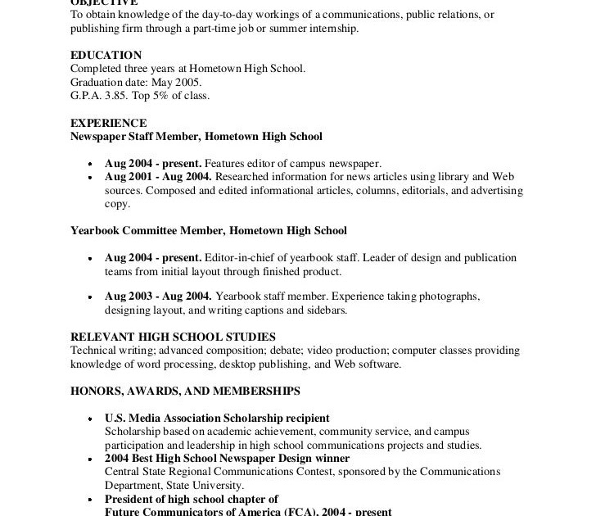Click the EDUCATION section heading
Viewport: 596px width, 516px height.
pyautogui.click(x=106, y=56)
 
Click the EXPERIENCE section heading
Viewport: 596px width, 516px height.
pyautogui.click(x=108, y=124)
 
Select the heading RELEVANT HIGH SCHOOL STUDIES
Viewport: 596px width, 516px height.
pyautogui.click(x=173, y=337)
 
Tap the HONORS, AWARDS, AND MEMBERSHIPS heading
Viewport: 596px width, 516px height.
pyautogui.click(x=185, y=392)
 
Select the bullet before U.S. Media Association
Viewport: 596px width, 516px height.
pyautogui.click(x=89, y=419)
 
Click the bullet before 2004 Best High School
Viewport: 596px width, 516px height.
pyautogui.click(x=89, y=459)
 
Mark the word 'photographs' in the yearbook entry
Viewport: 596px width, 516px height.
pyautogui.click(x=449, y=296)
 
